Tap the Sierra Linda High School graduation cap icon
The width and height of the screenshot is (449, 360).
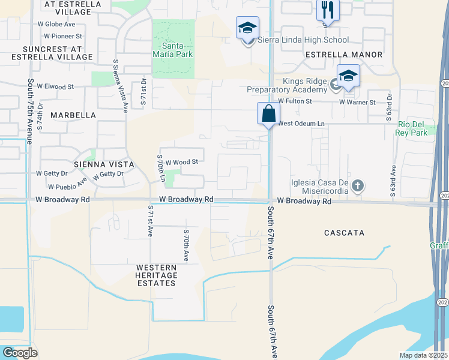tap(247, 28)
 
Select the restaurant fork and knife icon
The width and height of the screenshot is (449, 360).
tap(328, 10)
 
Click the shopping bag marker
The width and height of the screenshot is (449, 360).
tap(268, 112)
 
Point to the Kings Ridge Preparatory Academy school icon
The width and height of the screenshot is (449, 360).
tap(348, 76)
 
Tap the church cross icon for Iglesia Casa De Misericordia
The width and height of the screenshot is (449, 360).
tap(358, 185)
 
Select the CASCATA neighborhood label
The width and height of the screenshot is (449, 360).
tap(344, 232)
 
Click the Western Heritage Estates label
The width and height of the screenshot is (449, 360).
tap(156, 275)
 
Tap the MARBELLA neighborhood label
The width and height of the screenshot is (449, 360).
tap(73, 115)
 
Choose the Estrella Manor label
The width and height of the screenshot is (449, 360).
tap(344, 55)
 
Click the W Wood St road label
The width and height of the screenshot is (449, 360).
tap(181, 161)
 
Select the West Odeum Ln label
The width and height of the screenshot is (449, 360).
tap(301, 124)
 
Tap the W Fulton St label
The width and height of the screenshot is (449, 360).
tap(295, 102)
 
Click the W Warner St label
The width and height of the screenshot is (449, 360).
tap(357, 102)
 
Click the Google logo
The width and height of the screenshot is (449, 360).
tap(20, 352)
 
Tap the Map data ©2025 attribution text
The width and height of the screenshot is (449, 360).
tap(424, 355)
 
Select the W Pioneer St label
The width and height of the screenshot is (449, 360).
tap(59, 36)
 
